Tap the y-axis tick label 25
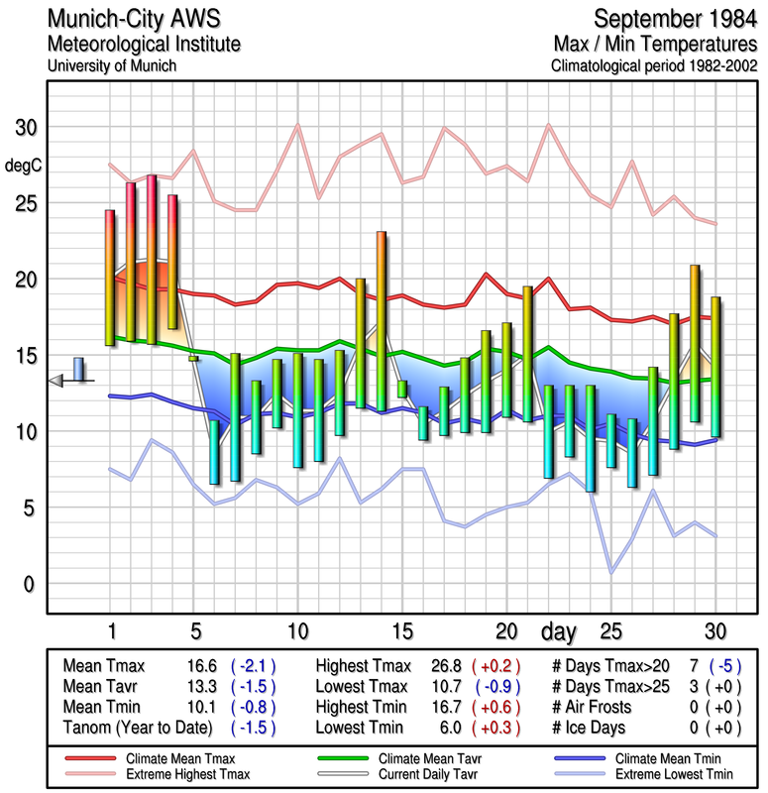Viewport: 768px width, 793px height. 25,203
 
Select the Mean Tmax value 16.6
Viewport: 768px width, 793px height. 201,666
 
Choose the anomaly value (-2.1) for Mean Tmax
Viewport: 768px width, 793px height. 253,666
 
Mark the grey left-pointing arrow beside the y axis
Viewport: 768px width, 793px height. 56,380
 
